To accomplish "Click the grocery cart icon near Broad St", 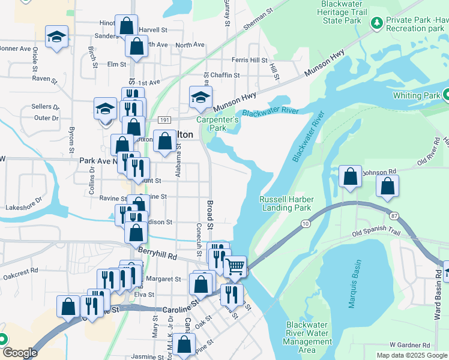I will coord(235,266).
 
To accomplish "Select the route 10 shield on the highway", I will coord(306,224).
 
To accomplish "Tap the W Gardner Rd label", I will coord(409,345).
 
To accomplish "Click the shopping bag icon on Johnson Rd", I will coord(350,176).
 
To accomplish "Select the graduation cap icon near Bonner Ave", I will coord(57,37).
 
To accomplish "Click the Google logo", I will coord(19,353).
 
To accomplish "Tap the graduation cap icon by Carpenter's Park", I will coord(200,97).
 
